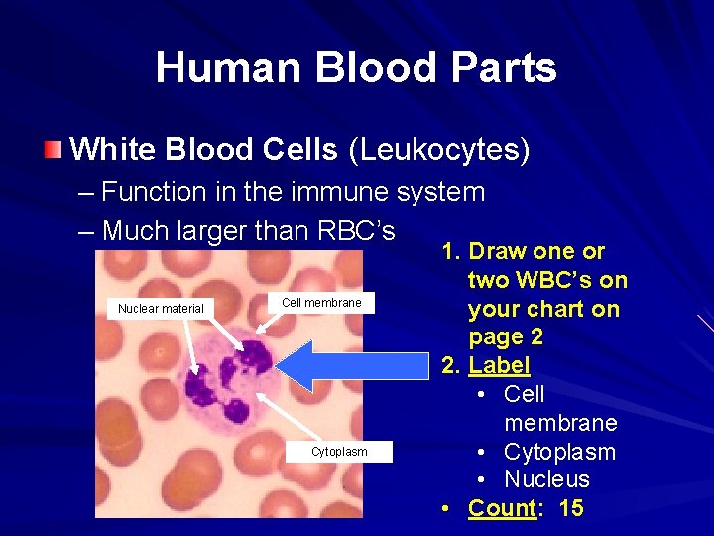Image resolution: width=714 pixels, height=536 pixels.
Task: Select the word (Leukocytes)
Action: (x=439, y=150)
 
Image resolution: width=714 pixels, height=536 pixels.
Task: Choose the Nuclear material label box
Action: (x=161, y=308)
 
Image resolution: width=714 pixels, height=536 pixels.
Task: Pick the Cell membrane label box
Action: (x=321, y=302)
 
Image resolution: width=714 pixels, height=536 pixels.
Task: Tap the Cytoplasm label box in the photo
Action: (x=339, y=452)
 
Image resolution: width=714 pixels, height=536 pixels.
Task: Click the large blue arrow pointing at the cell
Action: (x=347, y=365)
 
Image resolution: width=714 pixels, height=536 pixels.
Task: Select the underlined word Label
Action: (x=499, y=365)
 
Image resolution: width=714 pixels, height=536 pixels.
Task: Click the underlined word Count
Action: (x=502, y=508)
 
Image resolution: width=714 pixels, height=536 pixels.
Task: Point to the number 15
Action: (x=571, y=508)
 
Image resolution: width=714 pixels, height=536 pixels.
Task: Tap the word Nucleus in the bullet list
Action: (x=546, y=479)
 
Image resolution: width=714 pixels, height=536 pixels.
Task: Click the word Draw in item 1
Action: (x=497, y=251)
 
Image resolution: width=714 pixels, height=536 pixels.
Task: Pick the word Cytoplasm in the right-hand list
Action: (x=559, y=452)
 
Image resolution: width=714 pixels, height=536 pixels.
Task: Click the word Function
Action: (x=154, y=191)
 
